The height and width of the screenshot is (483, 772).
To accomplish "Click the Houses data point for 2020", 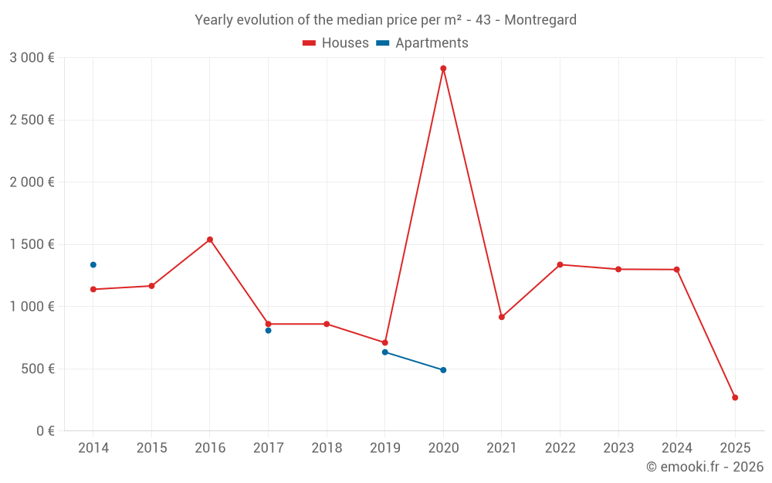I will tap(443, 69).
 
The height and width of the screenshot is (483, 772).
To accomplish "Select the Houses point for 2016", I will tap(210, 240).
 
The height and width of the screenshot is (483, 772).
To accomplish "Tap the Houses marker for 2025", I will tap(735, 397).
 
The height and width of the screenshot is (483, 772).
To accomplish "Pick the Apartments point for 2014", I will tap(93, 265).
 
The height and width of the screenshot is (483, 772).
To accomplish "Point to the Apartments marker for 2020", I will tap(443, 370).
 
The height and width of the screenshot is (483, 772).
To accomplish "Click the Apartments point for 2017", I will tap(269, 331).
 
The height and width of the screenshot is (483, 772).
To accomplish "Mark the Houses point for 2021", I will tap(502, 317).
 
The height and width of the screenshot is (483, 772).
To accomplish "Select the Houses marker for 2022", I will tap(560, 265).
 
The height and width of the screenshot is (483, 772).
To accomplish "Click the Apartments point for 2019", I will tap(385, 352).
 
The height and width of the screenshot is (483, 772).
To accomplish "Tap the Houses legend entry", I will tap(336, 43).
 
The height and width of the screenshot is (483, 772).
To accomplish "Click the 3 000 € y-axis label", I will tap(32, 58).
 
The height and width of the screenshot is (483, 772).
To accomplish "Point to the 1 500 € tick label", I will tap(32, 244).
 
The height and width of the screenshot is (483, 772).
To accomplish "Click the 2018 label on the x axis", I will tap(327, 448).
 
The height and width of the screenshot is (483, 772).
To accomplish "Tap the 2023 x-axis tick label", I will tap(618, 448).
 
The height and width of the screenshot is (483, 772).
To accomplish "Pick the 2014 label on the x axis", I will tap(93, 448).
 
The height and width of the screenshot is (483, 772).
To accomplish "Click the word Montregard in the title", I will tap(540, 20).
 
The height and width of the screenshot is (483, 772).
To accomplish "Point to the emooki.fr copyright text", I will tap(705, 467).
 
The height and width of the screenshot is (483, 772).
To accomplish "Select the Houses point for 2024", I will tap(676, 270).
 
